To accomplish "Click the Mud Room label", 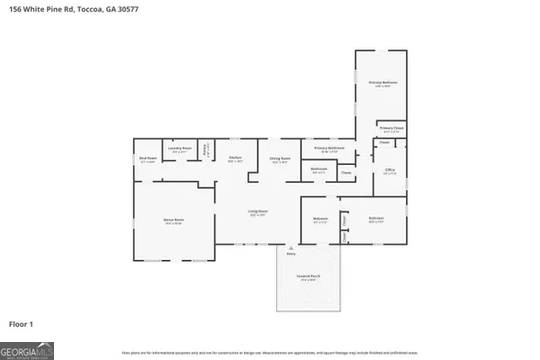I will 148,158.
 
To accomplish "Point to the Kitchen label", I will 235,158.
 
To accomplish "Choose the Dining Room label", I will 280,159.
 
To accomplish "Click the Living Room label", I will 257,213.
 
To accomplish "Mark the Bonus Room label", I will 174,220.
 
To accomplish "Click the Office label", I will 390,172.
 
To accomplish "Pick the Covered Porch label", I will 307,278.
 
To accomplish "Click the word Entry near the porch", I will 290,255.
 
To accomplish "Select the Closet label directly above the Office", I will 384,142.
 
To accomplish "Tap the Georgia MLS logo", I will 27,349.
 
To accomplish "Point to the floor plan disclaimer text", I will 270,352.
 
